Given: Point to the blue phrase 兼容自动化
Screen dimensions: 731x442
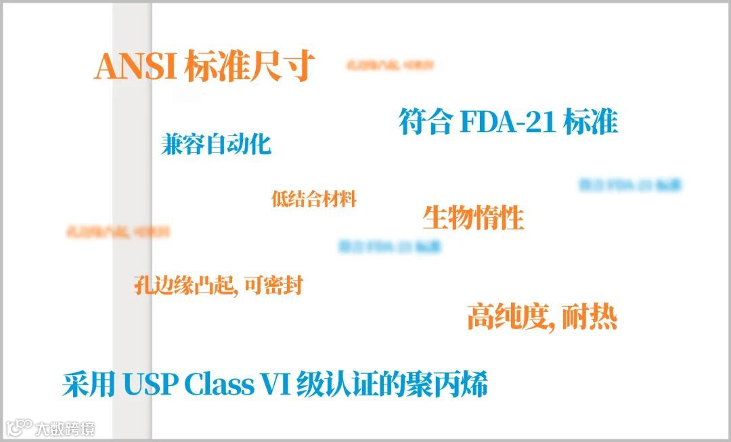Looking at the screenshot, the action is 216,144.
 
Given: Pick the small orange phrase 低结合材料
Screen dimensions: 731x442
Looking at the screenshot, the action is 313,199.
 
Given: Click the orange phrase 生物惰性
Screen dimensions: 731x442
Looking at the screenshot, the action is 473,218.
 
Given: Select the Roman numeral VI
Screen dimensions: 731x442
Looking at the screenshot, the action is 277,385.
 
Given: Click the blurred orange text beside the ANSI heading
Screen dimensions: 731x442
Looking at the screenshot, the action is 389,66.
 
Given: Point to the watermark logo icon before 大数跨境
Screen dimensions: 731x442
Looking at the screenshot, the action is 20,427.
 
